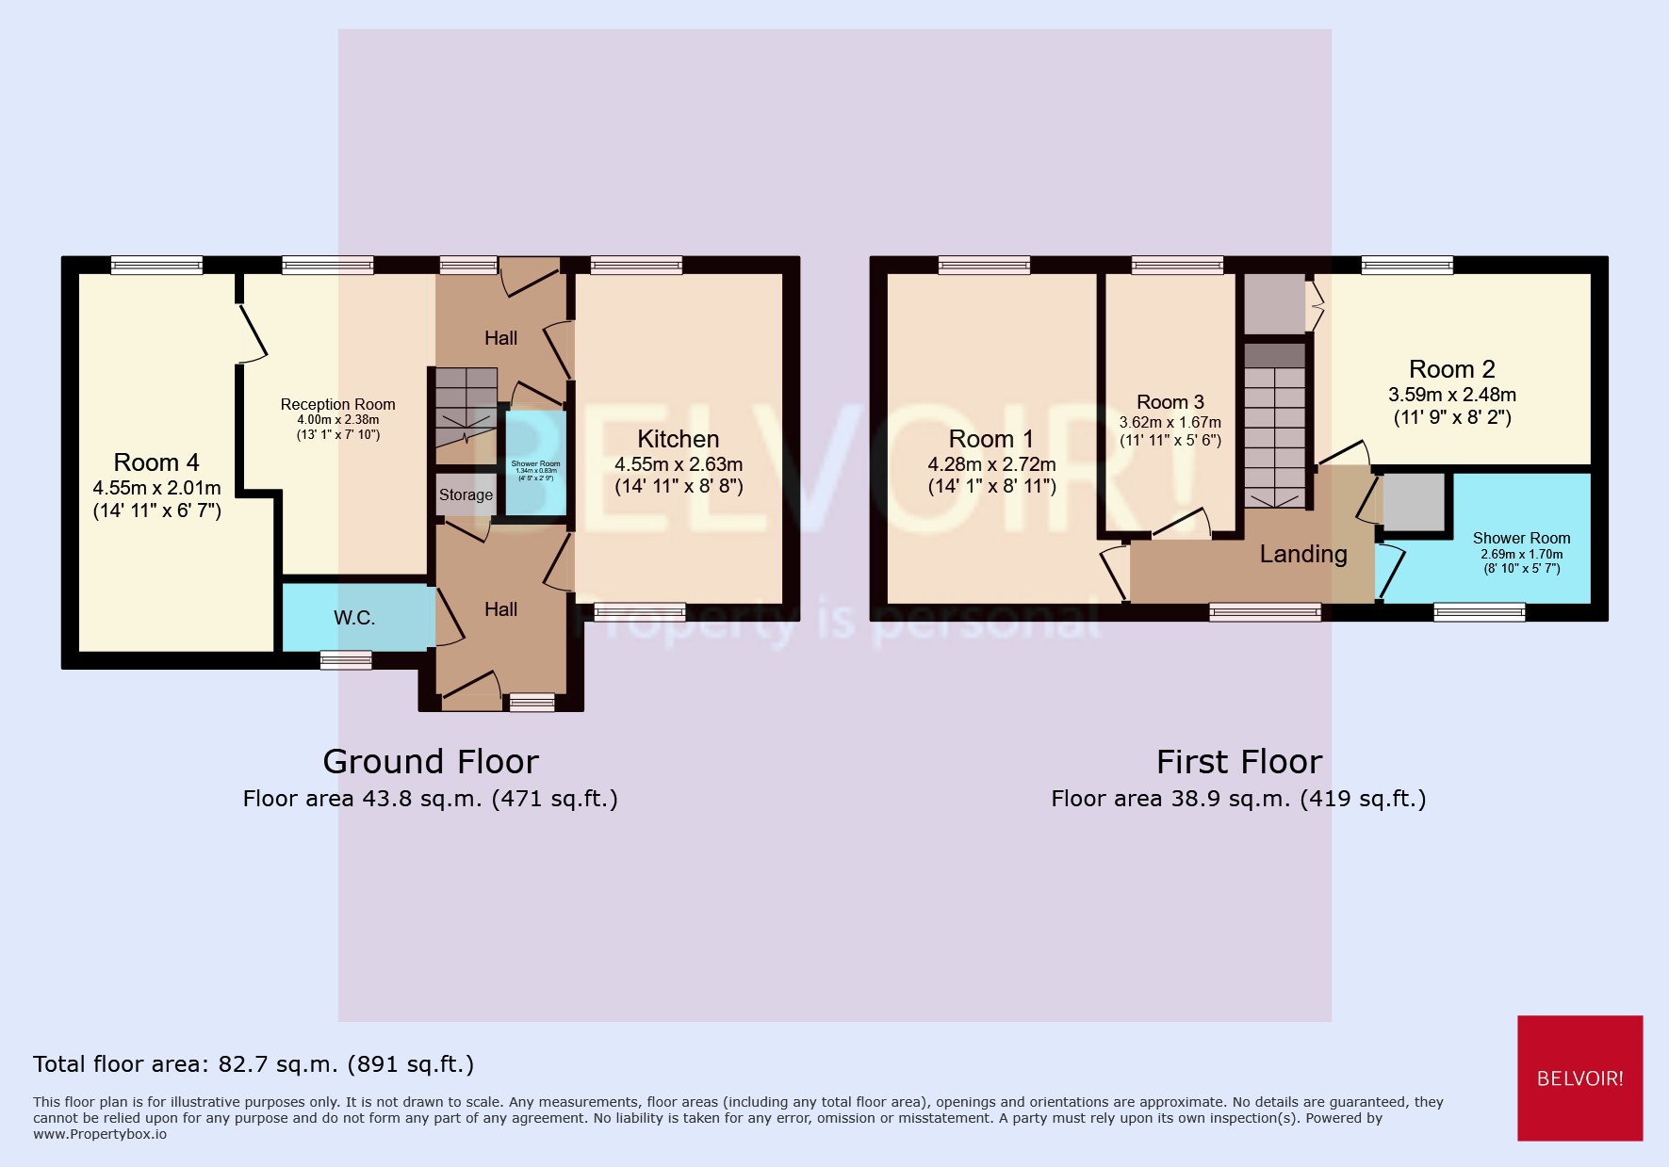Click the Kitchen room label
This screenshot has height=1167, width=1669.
coord(678,440)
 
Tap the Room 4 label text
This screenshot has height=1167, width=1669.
coord(156,462)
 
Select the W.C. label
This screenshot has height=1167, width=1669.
coord(354,618)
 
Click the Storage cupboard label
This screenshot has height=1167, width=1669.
coord(466,494)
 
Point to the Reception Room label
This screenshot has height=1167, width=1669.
coord(337,404)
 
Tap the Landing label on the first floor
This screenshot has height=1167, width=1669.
coord(1303,554)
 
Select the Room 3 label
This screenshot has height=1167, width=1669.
coord(1170,402)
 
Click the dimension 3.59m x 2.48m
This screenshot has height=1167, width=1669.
coord(1451,395)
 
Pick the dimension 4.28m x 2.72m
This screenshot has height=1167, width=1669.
coord(991,464)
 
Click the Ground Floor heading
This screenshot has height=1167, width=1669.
coord(431,761)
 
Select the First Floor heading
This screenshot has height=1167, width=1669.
coord(1238,761)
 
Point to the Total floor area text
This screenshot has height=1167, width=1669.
coord(254,1064)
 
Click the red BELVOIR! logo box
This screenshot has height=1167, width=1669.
coord(1579,1078)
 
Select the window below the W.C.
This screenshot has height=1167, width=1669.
coord(346,660)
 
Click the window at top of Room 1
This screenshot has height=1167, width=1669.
coord(984,266)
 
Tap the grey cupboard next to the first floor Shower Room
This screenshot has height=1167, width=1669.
coord(1414,502)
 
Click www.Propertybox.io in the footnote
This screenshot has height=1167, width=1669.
coord(100,1134)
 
